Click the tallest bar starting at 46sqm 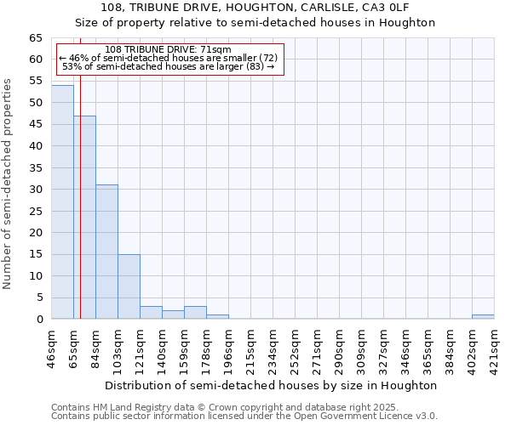pos(62,202)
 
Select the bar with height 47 pos(84,218)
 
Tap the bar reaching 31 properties pos(106,252)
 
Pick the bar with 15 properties pos(129,286)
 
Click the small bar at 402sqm pos(483,317)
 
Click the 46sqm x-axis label pos(52,347)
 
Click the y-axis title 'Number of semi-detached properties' pos(8,184)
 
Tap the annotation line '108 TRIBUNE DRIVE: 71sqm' pos(169,50)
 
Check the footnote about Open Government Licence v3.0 pos(244,416)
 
